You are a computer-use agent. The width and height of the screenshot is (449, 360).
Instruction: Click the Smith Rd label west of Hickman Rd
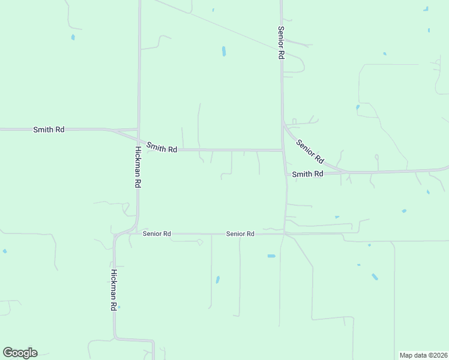pyautogui.click(x=49, y=129)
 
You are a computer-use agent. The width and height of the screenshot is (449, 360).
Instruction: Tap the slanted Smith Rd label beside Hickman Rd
pyautogui.click(x=161, y=148)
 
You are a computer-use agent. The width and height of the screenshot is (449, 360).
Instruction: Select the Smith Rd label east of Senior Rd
pyautogui.click(x=307, y=174)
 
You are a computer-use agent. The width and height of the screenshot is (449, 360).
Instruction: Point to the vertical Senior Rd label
pyautogui.click(x=280, y=42)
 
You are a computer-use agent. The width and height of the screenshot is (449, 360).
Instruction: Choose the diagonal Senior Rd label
pyautogui.click(x=310, y=152)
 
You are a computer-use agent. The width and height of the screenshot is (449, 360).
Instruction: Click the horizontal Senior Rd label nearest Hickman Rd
pyautogui.click(x=157, y=233)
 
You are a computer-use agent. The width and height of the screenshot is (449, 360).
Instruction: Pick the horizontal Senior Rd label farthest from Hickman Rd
pyautogui.click(x=240, y=233)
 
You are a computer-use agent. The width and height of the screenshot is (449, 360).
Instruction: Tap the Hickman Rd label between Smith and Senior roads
pyautogui.click(x=137, y=167)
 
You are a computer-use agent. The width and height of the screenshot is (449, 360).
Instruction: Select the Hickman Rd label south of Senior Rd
pyautogui.click(x=113, y=289)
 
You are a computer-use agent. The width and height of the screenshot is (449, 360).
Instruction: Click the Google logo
pyautogui.click(x=20, y=353)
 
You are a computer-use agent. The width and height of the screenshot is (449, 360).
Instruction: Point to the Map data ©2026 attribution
pyautogui.click(x=423, y=355)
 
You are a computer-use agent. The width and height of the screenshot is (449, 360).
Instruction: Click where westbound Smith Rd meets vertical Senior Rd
pyautogui.click(x=283, y=150)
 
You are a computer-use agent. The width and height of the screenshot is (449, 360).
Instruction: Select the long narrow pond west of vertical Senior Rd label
pyautogui.click(x=224, y=52)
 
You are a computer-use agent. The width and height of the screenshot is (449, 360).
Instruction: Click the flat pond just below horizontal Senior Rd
pyautogui.click(x=271, y=256)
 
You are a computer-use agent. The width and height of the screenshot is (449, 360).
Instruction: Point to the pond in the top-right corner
pyautogui.click(x=426, y=8)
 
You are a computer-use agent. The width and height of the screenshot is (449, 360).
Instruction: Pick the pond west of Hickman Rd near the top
pyautogui.click(x=73, y=37)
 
